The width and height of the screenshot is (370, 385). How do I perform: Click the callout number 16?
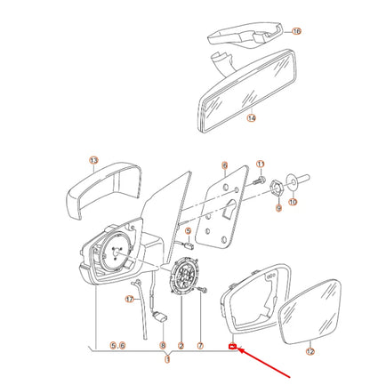297,31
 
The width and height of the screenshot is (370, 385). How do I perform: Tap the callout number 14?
252,116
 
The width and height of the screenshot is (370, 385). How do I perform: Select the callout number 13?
92,160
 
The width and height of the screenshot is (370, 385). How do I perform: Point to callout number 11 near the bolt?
261,164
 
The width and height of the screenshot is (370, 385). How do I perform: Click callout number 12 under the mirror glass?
310,352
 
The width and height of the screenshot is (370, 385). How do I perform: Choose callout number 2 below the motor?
181,345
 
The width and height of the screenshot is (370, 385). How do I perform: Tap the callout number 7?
201,345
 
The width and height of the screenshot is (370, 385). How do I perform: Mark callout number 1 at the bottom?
168,359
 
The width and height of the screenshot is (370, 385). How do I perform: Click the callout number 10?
294,204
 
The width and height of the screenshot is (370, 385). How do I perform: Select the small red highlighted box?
231,348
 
